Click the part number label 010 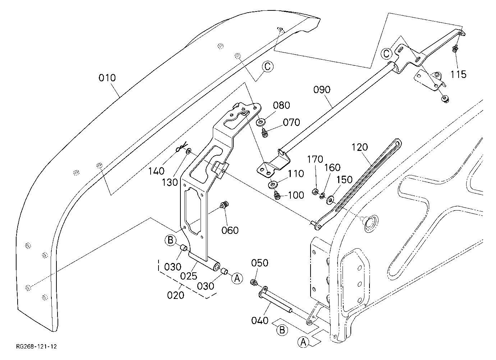[x=107, y=78]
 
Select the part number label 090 [x=322, y=90]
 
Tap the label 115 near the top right [x=459, y=74]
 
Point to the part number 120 [x=359, y=147]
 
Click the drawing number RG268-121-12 [x=37, y=346]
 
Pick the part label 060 [x=230, y=231]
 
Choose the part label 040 [x=260, y=320]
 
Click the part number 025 [x=189, y=276]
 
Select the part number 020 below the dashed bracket [x=176, y=295]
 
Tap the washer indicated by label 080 [x=260, y=122]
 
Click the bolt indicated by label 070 [x=265, y=133]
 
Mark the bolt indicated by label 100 [x=277, y=195]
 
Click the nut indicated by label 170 [x=314, y=191]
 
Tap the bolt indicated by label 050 [x=254, y=282]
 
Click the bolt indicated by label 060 [x=225, y=204]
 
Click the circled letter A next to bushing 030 [x=237, y=278]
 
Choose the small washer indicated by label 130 [x=189, y=152]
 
